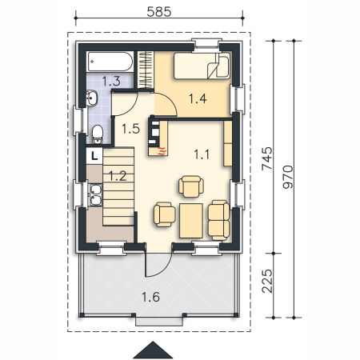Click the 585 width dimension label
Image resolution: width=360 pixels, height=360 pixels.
coord(159,12)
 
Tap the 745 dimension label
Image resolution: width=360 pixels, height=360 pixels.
coord(267,158)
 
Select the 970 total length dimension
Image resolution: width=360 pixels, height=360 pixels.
coord(288,177)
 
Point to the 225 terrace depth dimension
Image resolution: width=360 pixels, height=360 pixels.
coord(267,281)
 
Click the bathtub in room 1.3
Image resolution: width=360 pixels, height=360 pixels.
coord(110,62)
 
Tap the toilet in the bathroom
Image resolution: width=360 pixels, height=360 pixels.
coord(98,134)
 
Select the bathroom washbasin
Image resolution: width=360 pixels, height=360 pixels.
coord(91,98)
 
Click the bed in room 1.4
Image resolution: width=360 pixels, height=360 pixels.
coord(202,66)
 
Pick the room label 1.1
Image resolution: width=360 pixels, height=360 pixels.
coord(202,154)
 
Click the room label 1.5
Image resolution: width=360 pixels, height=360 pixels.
coord(130,129)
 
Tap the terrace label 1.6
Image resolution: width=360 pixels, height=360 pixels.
coord(150,297)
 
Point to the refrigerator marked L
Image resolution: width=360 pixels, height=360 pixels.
coord(94,156)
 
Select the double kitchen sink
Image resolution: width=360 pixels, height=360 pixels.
coord(95,194)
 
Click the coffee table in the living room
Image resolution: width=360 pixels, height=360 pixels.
coord(191,221)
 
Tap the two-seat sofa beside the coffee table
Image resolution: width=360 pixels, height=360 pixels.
coord(218,220)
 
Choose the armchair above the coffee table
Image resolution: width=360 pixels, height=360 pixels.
coord(191,186)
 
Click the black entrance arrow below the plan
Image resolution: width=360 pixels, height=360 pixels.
coord(153,350)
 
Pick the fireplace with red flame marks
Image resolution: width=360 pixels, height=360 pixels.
coord(158,138)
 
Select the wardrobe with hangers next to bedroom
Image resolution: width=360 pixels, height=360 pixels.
coord(146,70)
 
